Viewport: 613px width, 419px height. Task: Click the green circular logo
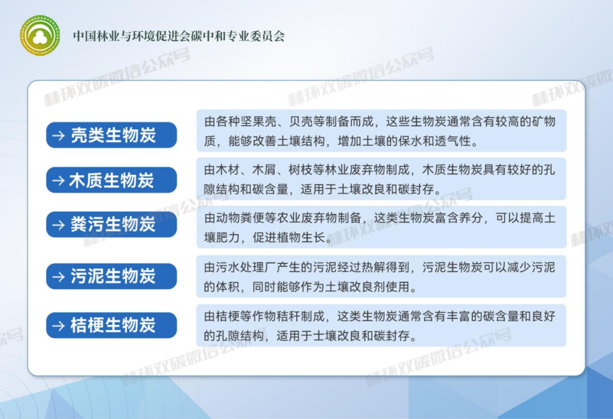40,35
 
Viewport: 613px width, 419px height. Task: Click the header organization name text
178,36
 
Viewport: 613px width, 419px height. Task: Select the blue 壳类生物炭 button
111,135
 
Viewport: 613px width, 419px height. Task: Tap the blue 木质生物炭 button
111,180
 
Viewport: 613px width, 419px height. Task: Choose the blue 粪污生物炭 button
111,224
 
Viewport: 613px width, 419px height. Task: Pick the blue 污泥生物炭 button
111,276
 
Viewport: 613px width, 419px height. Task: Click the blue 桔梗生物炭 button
111,325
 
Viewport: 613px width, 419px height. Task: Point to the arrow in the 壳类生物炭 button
58,136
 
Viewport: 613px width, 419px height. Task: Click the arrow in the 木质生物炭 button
58,181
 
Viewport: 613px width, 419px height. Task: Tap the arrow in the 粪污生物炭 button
58,225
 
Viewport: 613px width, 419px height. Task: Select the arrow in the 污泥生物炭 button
58,276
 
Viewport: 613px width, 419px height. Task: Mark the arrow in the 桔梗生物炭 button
58,326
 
